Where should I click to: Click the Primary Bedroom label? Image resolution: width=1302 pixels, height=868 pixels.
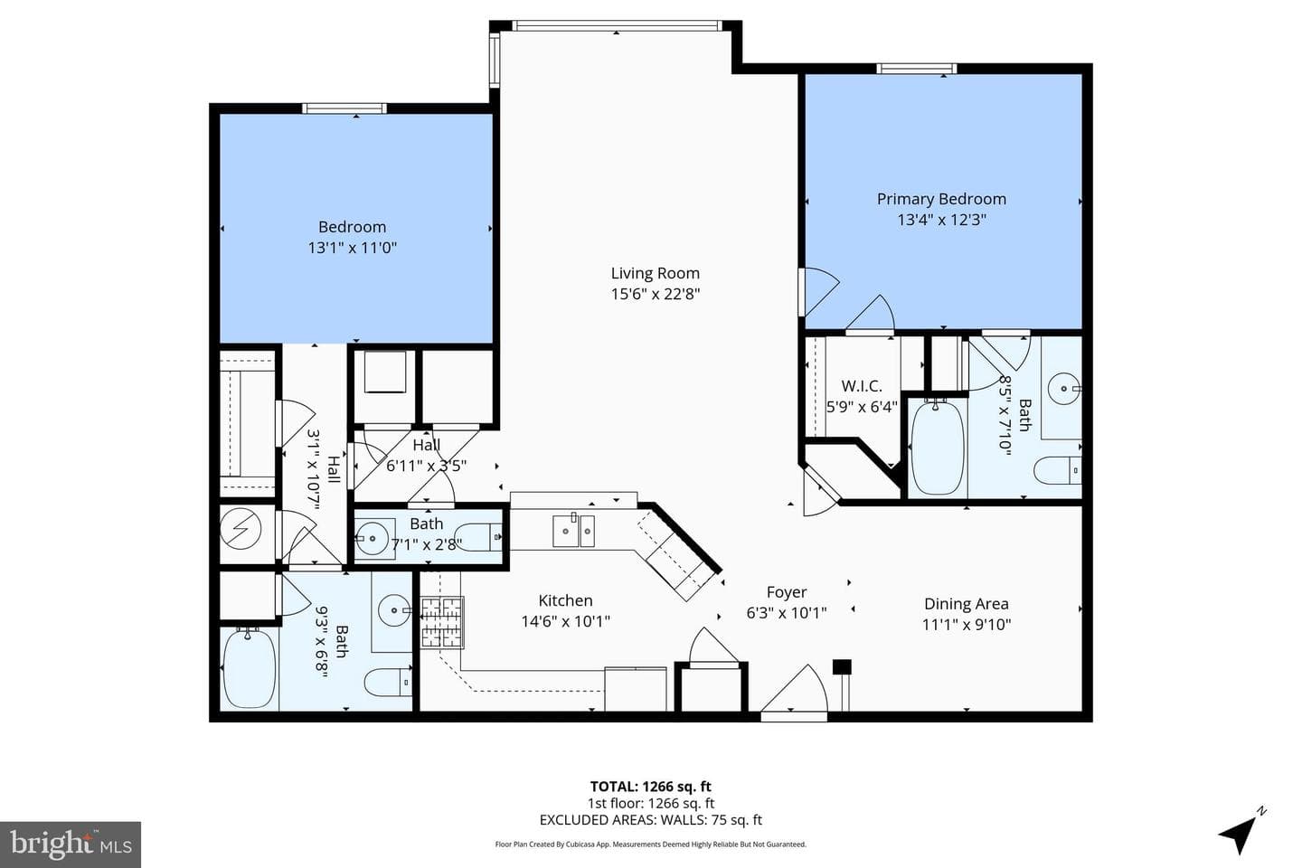941,199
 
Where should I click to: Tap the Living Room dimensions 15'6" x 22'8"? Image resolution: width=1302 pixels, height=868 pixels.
655,294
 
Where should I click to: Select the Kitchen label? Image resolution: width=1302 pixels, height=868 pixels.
566,600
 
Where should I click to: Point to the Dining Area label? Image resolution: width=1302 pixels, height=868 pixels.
966,604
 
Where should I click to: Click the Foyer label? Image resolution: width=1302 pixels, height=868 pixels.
787,592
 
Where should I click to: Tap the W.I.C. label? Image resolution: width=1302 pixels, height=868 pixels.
862,385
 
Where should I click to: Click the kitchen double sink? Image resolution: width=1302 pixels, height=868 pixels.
573,530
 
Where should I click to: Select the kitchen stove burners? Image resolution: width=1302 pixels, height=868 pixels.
442,622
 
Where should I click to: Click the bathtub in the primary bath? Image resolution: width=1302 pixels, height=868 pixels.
937,448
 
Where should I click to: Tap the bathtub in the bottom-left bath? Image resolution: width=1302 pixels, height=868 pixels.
249,668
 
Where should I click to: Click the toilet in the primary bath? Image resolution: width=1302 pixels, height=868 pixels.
1057,470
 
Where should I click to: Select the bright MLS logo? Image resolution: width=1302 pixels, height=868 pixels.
71,844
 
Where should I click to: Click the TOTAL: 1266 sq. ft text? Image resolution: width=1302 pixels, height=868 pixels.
650,787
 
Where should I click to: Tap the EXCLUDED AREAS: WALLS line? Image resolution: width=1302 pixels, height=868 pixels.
650,820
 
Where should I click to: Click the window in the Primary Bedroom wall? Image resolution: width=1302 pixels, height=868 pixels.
917,69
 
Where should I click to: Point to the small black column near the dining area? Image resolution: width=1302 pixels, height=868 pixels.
842,667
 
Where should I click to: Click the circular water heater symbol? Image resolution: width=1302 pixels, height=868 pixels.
245,528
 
